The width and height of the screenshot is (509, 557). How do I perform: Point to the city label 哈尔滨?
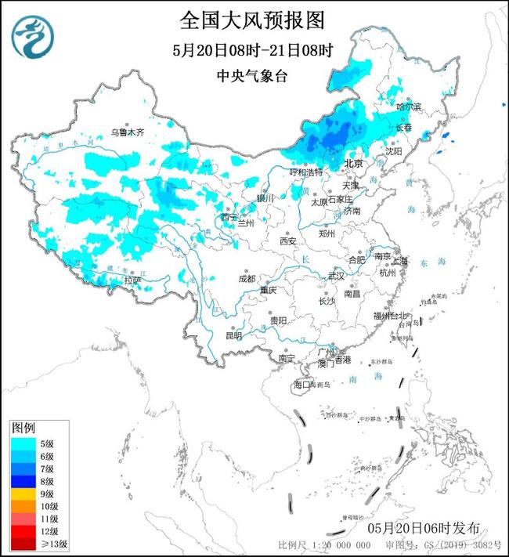click(x=408, y=105)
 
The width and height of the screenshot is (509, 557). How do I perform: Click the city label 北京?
click(x=354, y=164)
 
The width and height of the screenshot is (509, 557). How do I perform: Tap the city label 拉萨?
click(x=132, y=280)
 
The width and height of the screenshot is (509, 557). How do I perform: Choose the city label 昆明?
click(x=233, y=335)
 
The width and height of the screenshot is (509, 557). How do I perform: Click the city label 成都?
click(x=247, y=278)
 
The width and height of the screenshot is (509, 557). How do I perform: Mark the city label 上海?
click(x=401, y=260)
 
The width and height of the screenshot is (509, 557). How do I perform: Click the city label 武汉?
click(x=336, y=276)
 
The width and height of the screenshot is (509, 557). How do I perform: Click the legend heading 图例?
click(x=23, y=429)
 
